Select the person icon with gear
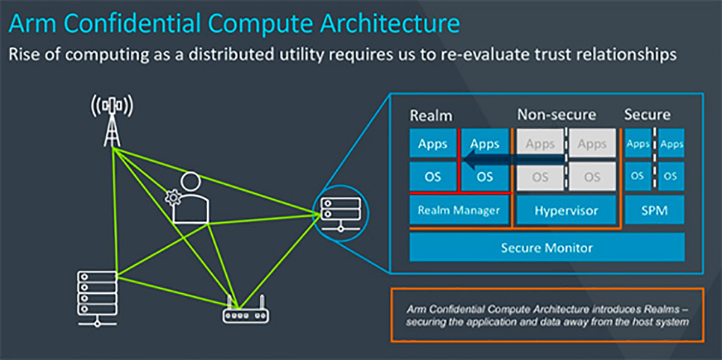(190, 199)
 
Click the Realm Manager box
(458, 211)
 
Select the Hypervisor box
(566, 211)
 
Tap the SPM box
(654, 211)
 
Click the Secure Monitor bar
(547, 247)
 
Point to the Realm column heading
(430, 115)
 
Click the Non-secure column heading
(557, 114)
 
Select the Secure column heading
(647, 114)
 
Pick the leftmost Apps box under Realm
(433, 143)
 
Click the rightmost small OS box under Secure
(671, 176)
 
